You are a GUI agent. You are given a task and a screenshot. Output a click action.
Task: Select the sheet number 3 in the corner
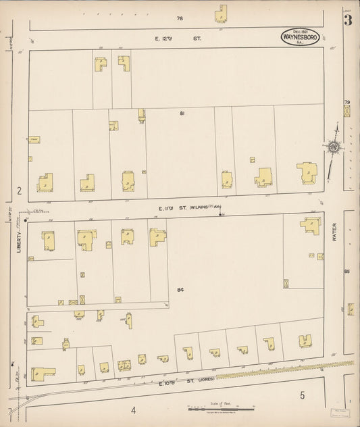[347, 20]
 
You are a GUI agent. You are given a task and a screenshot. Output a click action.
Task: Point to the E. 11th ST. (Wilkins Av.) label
[190, 208]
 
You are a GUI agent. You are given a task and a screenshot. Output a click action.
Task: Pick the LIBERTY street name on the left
[19, 240]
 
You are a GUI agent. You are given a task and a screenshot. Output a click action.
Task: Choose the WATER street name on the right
[334, 233]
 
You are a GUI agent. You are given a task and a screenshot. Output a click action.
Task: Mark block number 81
[182, 113]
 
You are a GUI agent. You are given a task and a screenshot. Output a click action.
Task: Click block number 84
[180, 290]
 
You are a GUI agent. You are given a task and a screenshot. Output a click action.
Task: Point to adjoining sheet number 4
[134, 409]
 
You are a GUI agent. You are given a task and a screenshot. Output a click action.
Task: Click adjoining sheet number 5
[302, 395]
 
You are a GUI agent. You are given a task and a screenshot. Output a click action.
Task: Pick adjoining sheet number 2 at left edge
[20, 191]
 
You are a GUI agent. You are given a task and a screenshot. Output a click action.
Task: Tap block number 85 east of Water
[346, 272]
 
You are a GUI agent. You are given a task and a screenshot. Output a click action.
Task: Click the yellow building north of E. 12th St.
[221, 14]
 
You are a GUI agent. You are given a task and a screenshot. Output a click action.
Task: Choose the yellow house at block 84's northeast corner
[311, 225]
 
